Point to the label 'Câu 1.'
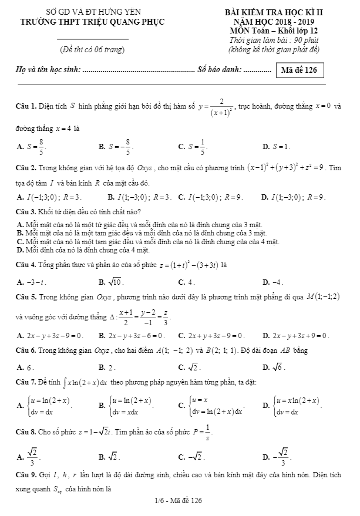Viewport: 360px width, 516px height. pos(26,106)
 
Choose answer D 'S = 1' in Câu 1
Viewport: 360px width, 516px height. pos(276,146)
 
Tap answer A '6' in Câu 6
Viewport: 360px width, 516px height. pos(25,367)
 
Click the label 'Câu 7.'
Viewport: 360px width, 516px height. pos(26,383)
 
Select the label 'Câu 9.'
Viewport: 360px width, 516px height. pos(26,473)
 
